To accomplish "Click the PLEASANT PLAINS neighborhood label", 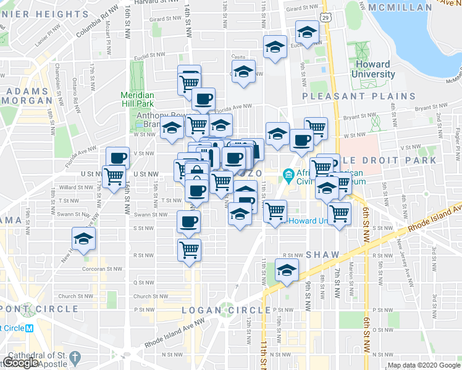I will point(359,96).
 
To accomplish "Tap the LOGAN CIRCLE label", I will point(226,310).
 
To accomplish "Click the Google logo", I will point(20,363).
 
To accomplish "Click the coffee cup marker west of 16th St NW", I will point(118,157).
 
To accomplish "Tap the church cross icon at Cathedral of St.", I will point(75,358).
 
